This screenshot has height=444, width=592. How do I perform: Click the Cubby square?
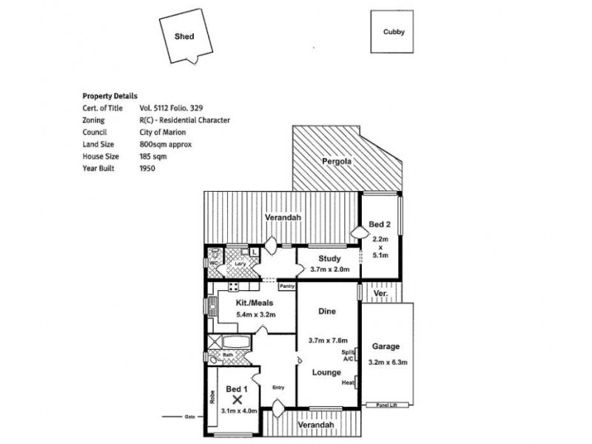(x=393, y=32)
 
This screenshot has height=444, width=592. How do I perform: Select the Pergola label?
(x=336, y=161)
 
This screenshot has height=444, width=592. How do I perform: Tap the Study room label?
(x=329, y=259)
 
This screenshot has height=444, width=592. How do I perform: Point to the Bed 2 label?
(x=380, y=224)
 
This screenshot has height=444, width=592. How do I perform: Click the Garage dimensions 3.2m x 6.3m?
(x=388, y=362)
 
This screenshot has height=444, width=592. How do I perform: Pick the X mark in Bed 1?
(x=238, y=399)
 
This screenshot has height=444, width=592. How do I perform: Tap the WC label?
(x=212, y=263)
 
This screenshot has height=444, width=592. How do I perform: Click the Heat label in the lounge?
(x=348, y=383)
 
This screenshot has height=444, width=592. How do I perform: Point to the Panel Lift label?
(x=388, y=406)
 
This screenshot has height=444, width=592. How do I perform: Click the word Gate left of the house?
(x=189, y=417)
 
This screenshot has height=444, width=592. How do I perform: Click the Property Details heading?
(x=110, y=96)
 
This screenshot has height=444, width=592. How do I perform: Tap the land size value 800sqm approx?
(x=165, y=144)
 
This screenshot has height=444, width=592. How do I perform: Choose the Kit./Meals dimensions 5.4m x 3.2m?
(x=255, y=314)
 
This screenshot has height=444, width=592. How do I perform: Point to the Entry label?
(x=277, y=387)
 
